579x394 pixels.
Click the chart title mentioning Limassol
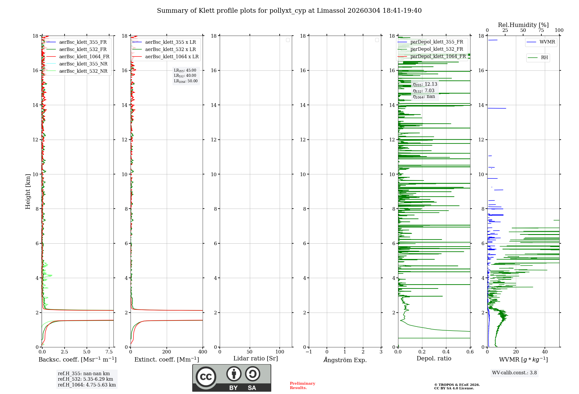pyautogui.click(x=289, y=11)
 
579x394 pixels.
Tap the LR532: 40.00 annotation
pyautogui.click(x=185, y=76)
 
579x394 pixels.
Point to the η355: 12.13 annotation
pyautogui.click(x=425, y=84)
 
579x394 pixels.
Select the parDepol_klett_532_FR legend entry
pyautogui.click(x=437, y=49)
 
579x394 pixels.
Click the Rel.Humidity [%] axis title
pyautogui.click(x=523, y=25)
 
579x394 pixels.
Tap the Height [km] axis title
pyautogui.click(x=28, y=191)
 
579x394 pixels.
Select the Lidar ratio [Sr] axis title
pyautogui.click(x=256, y=359)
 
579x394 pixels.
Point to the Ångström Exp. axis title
pyautogui.click(x=345, y=360)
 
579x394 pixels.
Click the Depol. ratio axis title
pyautogui.click(x=434, y=359)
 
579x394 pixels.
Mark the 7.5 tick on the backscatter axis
pyautogui.click(x=109, y=352)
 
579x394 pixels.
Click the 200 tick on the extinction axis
pyautogui.click(x=167, y=352)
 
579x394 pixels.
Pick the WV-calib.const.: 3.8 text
pyautogui.click(x=514, y=373)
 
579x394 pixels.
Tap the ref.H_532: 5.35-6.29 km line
pyautogui.click(x=85, y=379)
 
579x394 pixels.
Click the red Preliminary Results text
pyautogui.click(x=302, y=386)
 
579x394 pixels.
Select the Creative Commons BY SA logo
pyautogui.click(x=232, y=378)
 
